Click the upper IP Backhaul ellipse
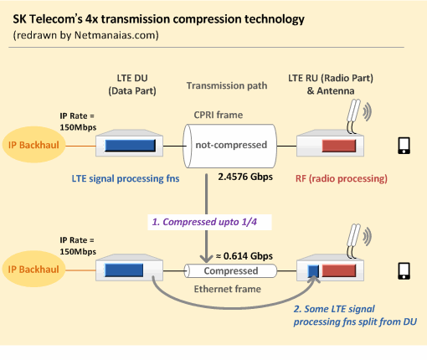34,145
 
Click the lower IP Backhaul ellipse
34,269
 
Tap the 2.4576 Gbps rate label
245,177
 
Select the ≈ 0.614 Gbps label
244,256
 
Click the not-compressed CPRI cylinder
229,146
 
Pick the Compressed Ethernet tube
230,270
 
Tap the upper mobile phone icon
404,146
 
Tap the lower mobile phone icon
404,270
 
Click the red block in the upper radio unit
339,146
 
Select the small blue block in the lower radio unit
313,270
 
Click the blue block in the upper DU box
130,146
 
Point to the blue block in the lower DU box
124,270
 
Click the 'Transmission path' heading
227,85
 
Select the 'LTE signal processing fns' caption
126,178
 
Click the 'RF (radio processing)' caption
342,178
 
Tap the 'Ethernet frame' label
228,289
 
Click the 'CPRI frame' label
219,115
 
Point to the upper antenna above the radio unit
353,116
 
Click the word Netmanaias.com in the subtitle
116,35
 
